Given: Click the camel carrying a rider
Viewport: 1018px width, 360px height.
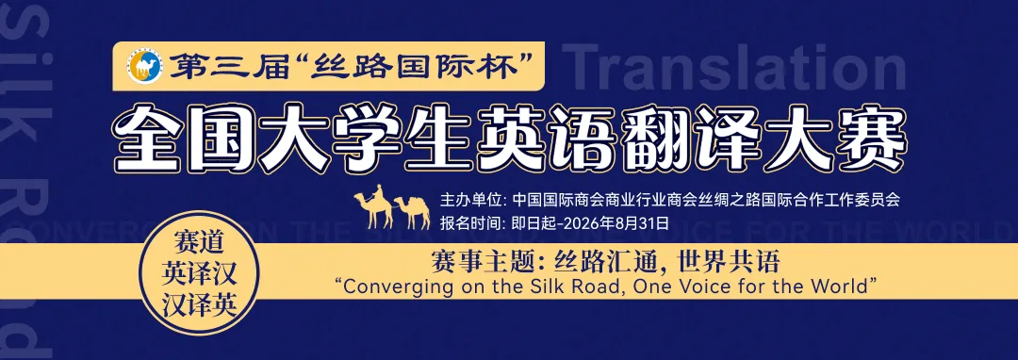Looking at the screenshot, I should [373, 206].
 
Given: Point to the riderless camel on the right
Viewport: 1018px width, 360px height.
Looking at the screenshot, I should [412, 211].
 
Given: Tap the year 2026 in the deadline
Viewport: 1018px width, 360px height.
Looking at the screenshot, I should [579, 223].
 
